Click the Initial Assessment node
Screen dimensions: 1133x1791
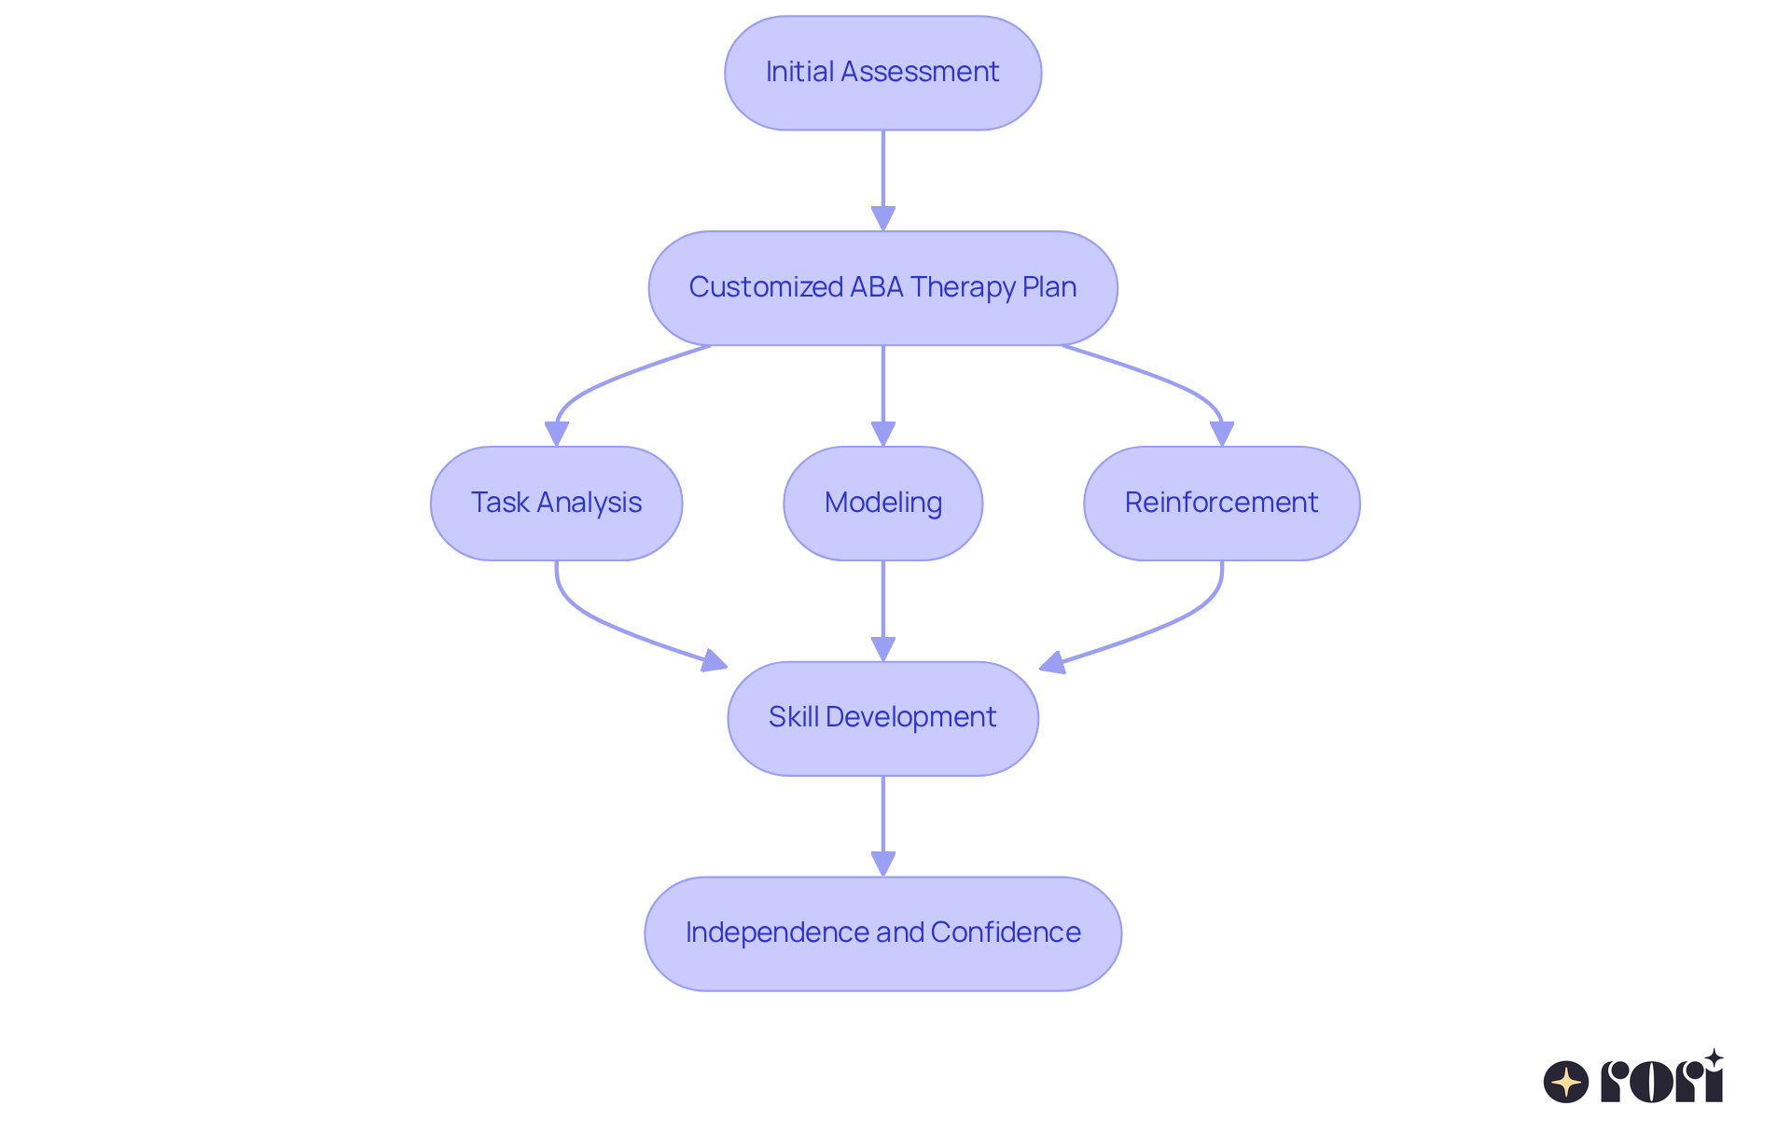pos(882,73)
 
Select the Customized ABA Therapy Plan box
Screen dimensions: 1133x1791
pos(882,287)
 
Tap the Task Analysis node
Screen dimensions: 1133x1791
pos(556,503)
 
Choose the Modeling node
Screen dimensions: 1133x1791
pos(882,503)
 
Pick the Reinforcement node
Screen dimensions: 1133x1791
pos(1221,503)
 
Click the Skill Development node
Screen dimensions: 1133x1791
pos(882,718)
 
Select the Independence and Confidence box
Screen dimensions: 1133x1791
pos(882,933)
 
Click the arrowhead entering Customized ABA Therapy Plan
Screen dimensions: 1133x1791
pos(882,219)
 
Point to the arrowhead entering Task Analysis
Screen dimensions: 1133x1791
pos(557,435)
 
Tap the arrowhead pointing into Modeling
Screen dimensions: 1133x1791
pos(882,435)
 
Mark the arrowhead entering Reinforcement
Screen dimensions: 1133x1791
pos(1221,435)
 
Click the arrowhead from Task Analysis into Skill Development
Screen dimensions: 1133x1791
pos(714,660)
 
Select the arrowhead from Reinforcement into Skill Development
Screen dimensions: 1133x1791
pos(1053,662)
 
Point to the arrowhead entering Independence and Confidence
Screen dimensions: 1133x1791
pos(882,864)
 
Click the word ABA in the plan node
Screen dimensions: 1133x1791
pos(876,287)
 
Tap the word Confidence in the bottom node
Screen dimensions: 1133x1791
pos(1005,933)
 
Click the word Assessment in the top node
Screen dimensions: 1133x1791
pos(920,72)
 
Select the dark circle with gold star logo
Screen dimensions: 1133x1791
pos(1565,1082)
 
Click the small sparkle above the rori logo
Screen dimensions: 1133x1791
pos(1714,1058)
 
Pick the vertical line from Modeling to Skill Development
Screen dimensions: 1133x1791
pos(882,597)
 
